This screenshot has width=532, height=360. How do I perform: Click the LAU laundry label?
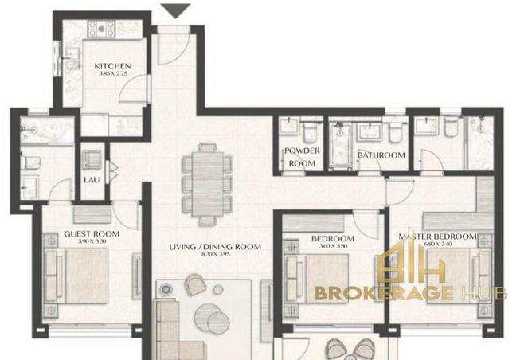click(92, 180)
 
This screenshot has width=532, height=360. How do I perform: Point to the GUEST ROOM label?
click(92, 234)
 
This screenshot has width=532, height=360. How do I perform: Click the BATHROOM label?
click(381, 155)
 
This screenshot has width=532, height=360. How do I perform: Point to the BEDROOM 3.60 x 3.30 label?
click(332, 240)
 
